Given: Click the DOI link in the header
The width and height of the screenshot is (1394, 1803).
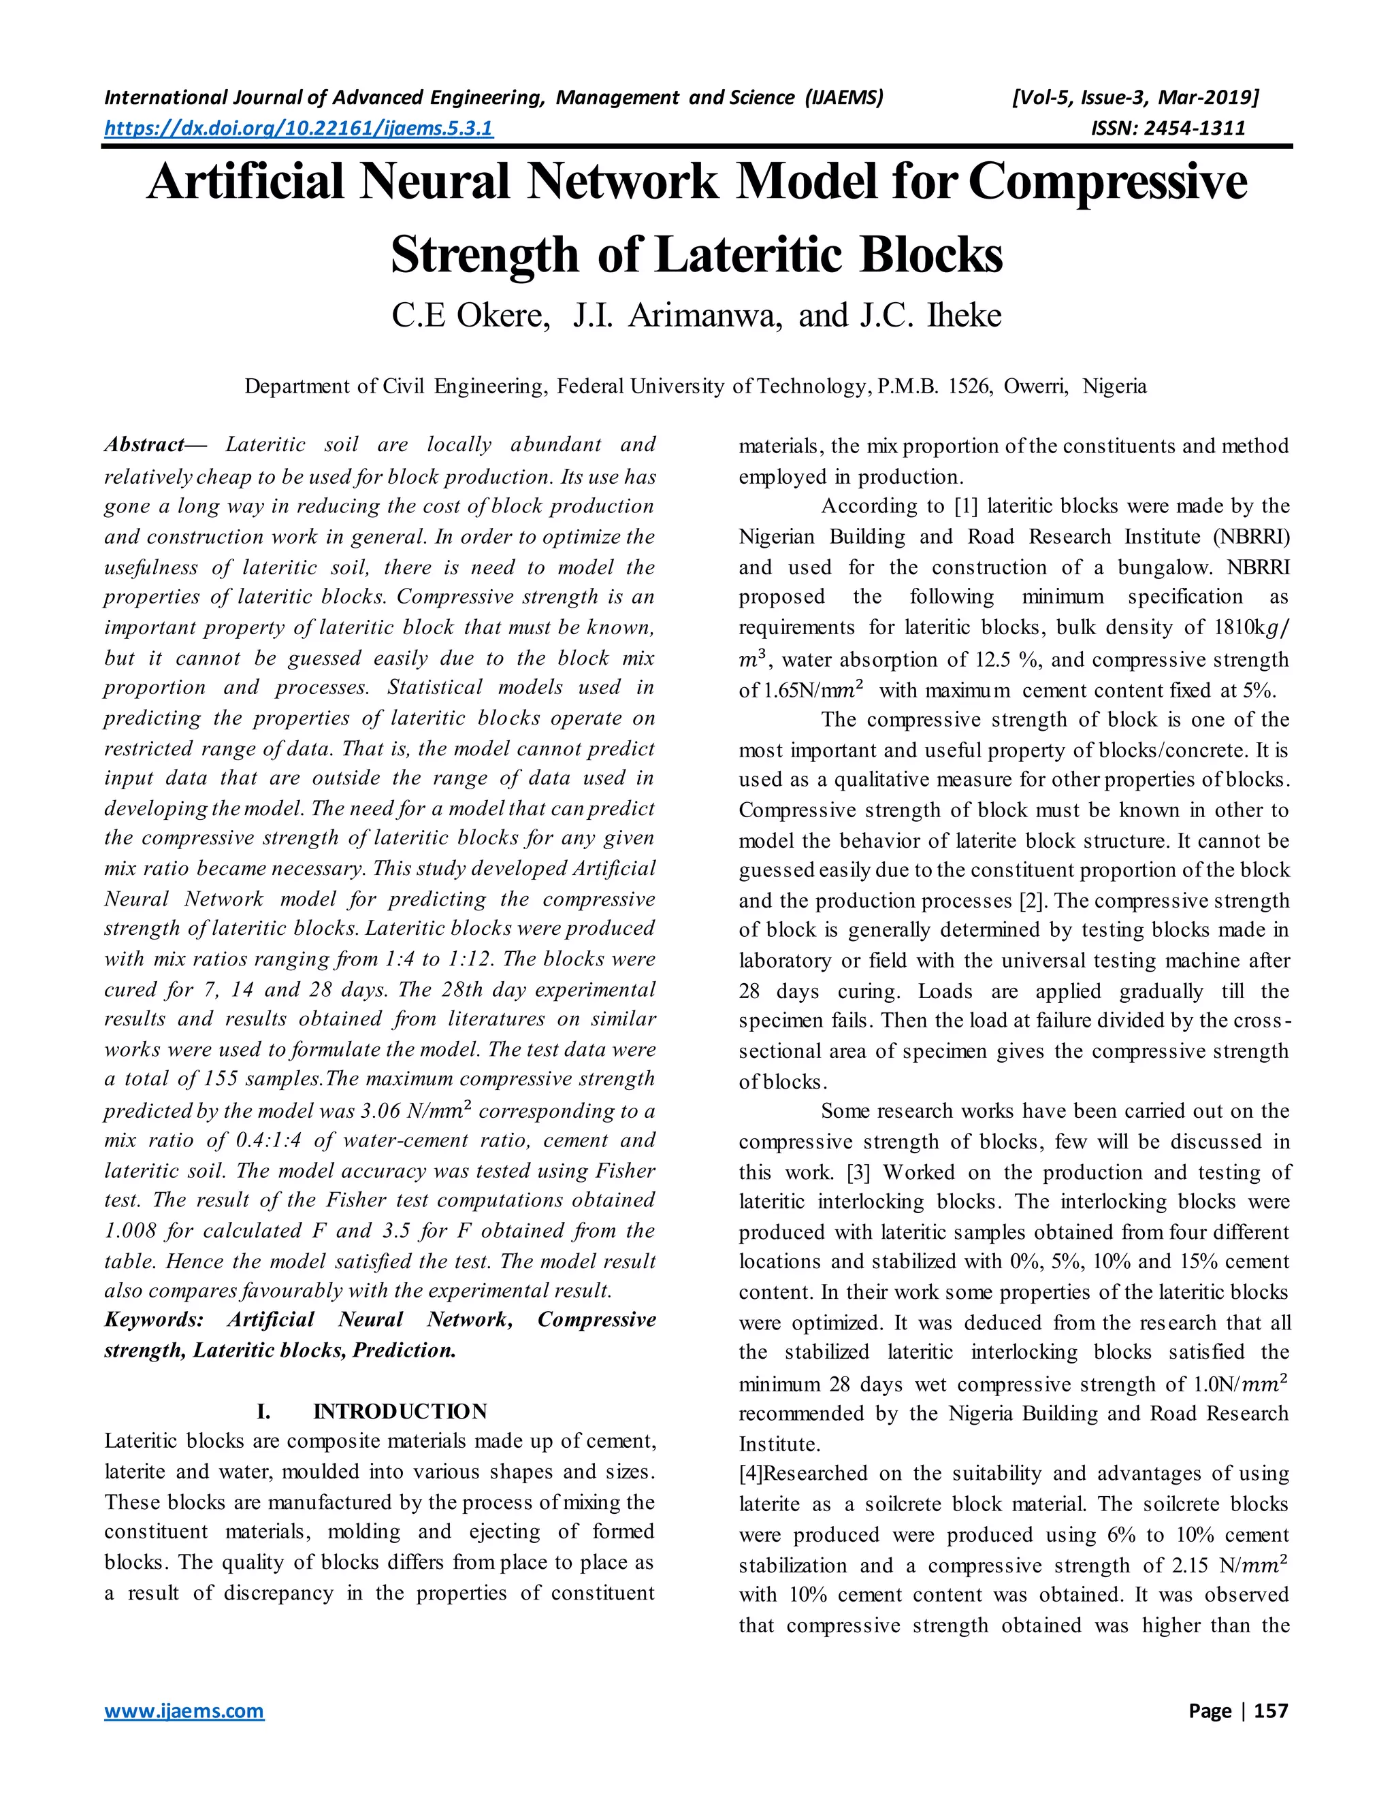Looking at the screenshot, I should [x=298, y=128].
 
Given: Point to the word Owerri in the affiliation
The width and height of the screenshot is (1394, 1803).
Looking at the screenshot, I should [x=1035, y=386].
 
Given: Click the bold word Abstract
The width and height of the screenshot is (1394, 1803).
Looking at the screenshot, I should [x=144, y=445].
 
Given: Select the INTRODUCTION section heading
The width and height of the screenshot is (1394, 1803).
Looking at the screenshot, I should [x=400, y=1411].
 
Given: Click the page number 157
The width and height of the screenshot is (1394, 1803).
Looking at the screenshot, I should [x=1270, y=1710].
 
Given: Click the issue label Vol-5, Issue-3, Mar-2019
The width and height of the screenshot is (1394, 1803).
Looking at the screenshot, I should [x=1135, y=98].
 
